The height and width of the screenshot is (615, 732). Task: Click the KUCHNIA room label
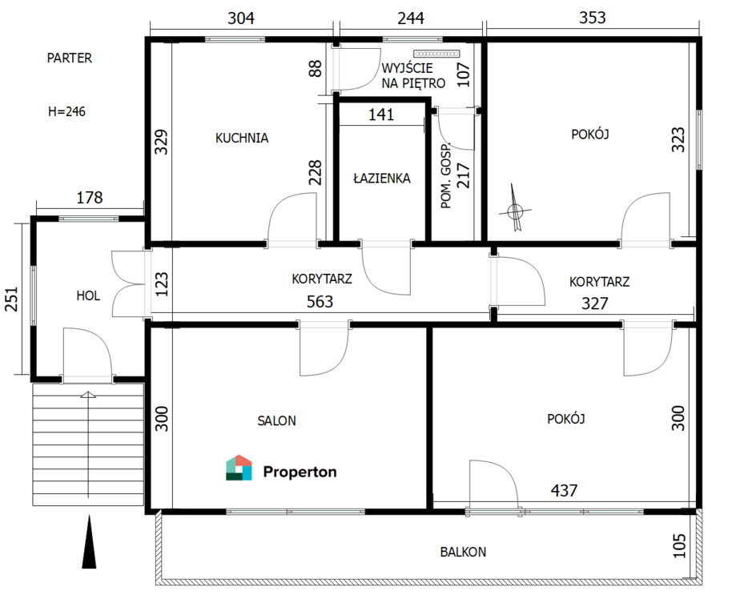(242, 138)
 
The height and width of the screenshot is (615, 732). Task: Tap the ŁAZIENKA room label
(382, 178)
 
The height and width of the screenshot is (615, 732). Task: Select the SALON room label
(277, 421)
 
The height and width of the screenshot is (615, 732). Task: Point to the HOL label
(88, 295)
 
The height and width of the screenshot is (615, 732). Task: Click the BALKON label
(463, 553)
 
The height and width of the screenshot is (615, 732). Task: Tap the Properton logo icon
(239, 468)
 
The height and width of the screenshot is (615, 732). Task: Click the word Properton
(300, 472)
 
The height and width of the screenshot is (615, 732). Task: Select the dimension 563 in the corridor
(320, 302)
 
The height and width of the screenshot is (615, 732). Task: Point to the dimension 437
(564, 490)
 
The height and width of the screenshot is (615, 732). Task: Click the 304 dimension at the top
(241, 18)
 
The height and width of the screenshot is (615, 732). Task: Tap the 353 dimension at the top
(593, 18)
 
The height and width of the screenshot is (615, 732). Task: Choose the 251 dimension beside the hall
(11, 299)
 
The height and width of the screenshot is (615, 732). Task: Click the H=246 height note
(66, 112)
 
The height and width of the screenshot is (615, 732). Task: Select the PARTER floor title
(70, 58)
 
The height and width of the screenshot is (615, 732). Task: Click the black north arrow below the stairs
(89, 542)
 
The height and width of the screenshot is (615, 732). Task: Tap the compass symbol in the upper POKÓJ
(515, 208)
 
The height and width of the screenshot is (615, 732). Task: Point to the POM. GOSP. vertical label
(446, 175)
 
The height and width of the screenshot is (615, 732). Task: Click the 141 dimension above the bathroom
(381, 115)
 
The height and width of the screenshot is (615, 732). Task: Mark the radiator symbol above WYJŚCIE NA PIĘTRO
(436, 54)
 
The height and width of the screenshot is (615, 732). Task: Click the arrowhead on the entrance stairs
(88, 395)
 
